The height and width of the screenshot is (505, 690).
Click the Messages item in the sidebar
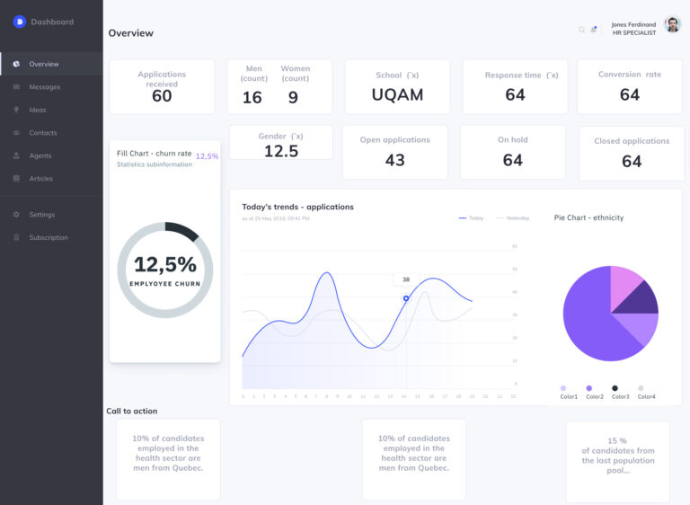tap(44, 87)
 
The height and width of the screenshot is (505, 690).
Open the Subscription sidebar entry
tap(48, 237)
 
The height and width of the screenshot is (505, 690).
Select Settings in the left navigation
tap(41, 215)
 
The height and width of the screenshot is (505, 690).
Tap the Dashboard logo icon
tap(20, 22)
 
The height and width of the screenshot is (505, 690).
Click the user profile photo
tap(672, 25)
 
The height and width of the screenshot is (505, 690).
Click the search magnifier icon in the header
tap(581, 30)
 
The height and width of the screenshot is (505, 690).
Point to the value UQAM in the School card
tap(397, 94)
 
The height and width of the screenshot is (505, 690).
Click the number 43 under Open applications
tap(394, 160)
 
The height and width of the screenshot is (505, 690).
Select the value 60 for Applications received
tap(162, 96)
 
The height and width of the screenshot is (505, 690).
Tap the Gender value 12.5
tap(280, 151)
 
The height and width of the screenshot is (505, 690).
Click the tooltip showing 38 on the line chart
tap(406, 279)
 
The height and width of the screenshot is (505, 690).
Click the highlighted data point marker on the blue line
tap(406, 298)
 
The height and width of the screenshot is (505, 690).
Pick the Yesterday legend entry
tap(513, 217)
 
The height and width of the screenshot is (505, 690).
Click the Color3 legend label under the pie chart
tap(621, 396)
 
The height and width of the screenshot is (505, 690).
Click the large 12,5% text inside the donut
tap(164, 264)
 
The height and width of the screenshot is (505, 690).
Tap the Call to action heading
tap(132, 412)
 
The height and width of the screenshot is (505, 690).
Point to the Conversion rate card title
tap(629, 75)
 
